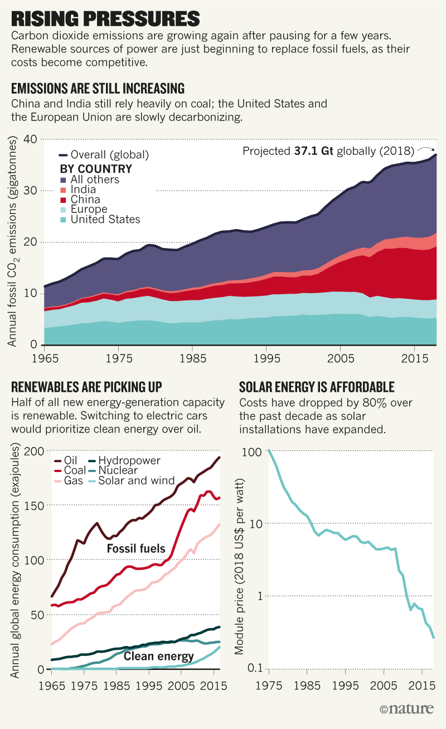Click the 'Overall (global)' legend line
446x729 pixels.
63,154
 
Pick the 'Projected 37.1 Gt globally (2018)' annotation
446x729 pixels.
328,151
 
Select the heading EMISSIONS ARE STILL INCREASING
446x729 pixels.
98,89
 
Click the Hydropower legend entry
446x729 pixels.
130,460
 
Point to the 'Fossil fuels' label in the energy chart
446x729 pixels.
137,548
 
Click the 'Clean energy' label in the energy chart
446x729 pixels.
158,656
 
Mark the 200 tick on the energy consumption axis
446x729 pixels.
38,451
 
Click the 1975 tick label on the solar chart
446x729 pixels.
268,685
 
